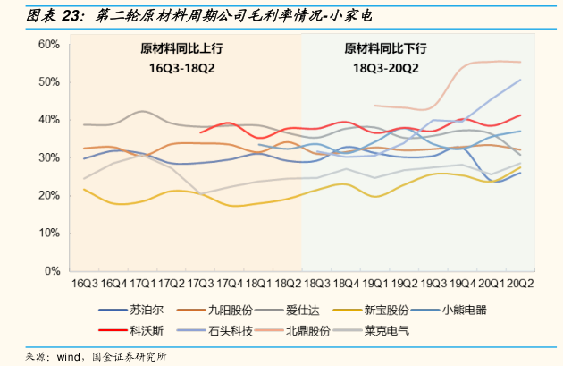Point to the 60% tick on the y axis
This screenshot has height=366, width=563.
click(x=48, y=44)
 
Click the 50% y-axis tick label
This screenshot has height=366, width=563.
click(x=48, y=81)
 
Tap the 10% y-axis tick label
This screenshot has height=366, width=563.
click(x=48, y=233)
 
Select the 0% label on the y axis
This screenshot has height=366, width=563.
click(x=52, y=270)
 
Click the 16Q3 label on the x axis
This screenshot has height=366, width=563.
click(x=84, y=284)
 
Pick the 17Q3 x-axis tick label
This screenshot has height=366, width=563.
click(x=199, y=284)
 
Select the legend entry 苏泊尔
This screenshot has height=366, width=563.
click(x=142, y=311)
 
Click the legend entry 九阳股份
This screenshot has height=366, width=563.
click(x=226, y=311)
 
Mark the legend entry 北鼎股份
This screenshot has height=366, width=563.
click(x=304, y=330)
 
